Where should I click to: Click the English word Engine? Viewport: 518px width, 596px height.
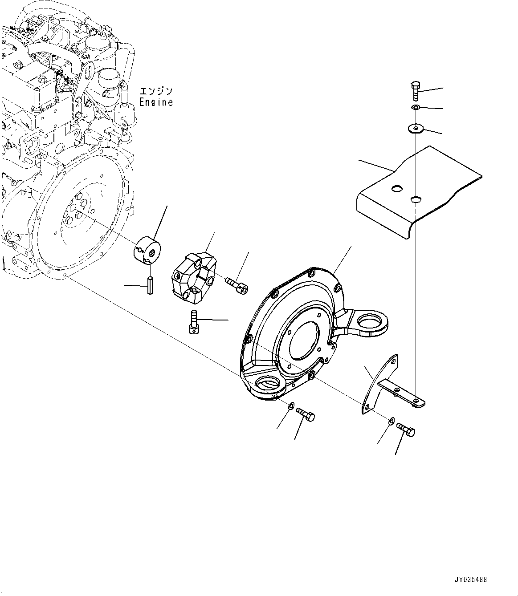pyautogui.click(x=155, y=102)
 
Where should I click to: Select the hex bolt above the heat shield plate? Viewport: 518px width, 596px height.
pyautogui.click(x=414, y=91)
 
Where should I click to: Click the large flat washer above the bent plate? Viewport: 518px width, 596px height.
pyautogui.click(x=416, y=129)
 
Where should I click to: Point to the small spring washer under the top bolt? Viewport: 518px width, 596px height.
pyautogui.click(x=415, y=108)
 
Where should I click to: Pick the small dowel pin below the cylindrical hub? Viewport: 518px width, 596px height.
pyautogui.click(x=151, y=285)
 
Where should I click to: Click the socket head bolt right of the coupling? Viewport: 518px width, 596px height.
pyautogui.click(x=236, y=284)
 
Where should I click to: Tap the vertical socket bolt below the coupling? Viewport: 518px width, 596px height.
pyautogui.click(x=192, y=322)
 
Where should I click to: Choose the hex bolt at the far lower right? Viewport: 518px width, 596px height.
pyautogui.click(x=406, y=429)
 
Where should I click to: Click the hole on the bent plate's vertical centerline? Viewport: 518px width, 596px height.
pyautogui.click(x=415, y=199)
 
